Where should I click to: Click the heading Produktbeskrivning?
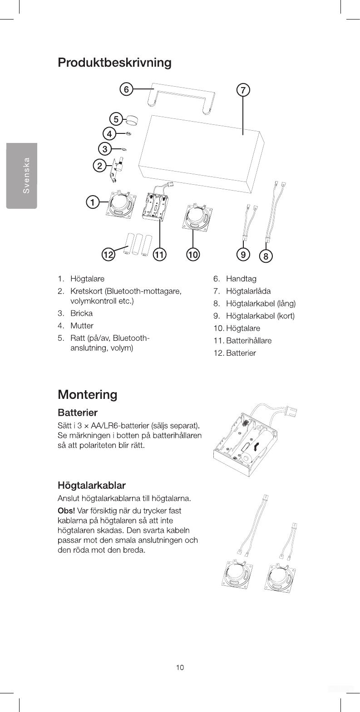[x=114, y=62]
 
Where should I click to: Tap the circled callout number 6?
[x=126, y=89]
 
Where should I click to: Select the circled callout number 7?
[x=243, y=90]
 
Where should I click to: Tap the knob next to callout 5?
[x=132, y=120]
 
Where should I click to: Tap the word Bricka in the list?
[x=81, y=314]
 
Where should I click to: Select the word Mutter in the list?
[x=82, y=326]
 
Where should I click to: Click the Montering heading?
[x=87, y=394]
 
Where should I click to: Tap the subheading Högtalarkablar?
[x=92, y=486]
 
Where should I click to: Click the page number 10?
[x=180, y=667]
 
